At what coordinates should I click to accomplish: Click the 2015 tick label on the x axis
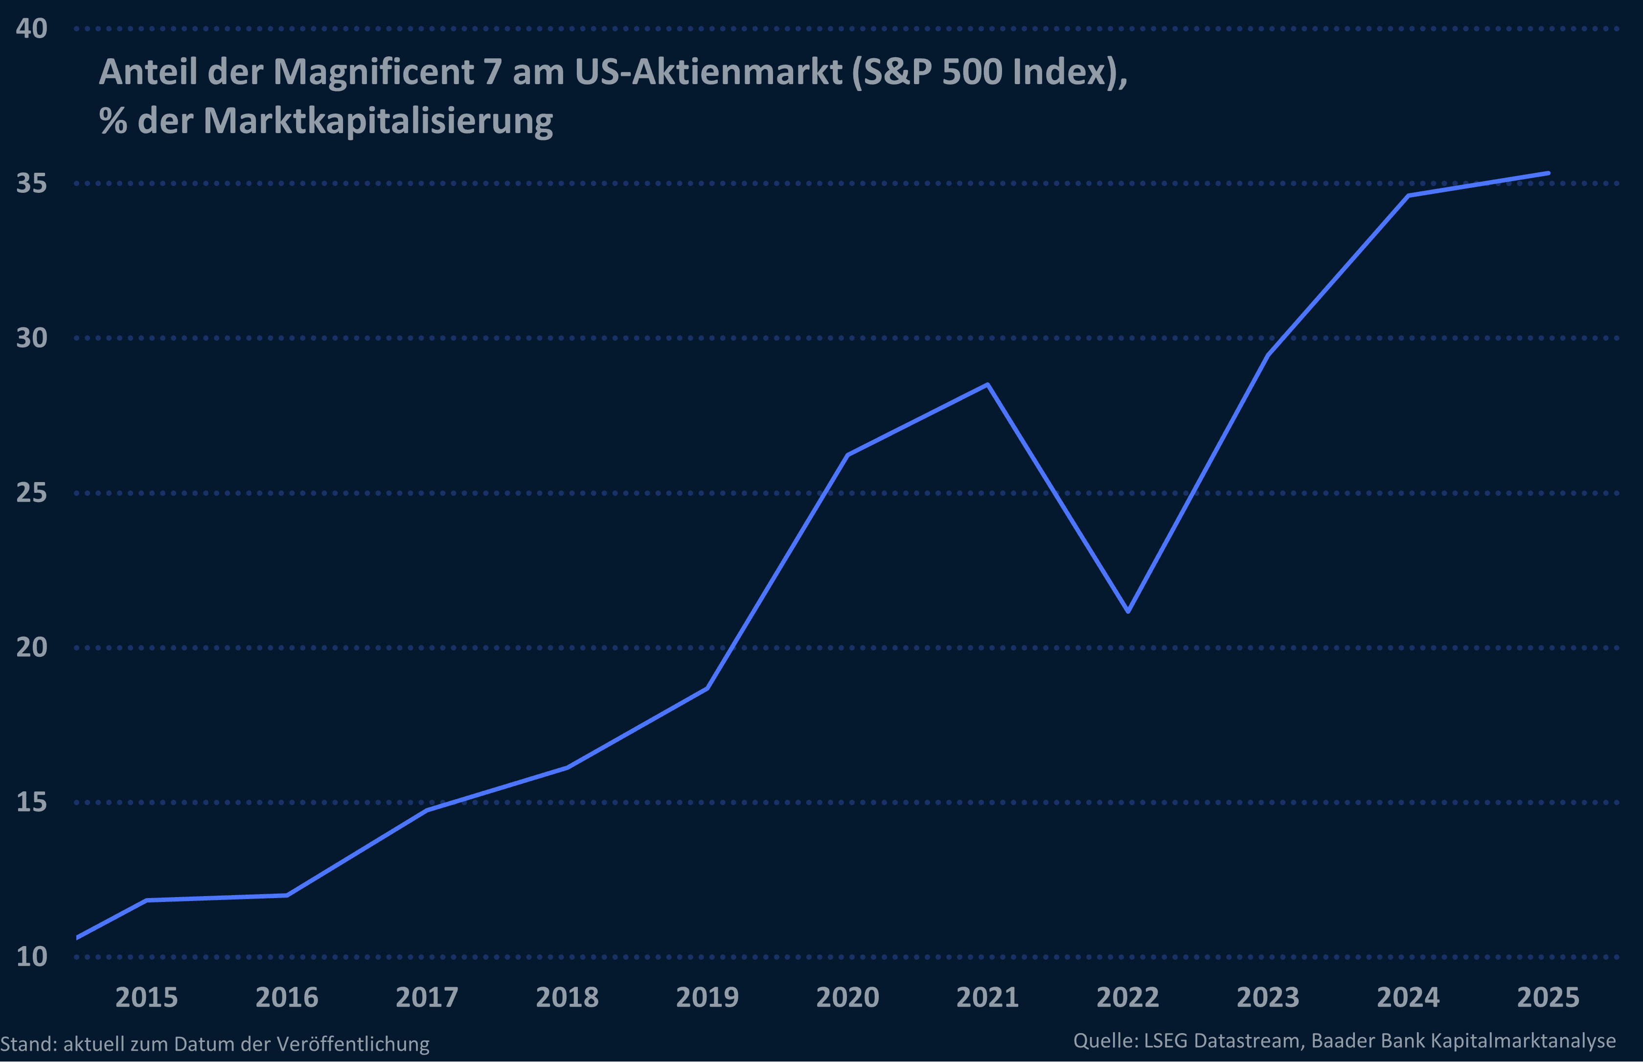146,997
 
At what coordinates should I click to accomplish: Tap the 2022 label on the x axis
1127,997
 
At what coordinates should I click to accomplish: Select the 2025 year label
1548,997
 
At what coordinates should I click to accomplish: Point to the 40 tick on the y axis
32,28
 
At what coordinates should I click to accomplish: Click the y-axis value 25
32,492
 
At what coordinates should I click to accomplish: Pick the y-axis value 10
32,956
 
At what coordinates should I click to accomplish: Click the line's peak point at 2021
987,385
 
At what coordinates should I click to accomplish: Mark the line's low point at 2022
1127,611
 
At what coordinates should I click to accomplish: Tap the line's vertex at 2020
847,455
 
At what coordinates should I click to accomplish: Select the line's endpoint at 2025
1548,173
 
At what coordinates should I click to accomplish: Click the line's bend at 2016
287,895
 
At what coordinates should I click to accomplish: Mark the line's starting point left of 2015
78,937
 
